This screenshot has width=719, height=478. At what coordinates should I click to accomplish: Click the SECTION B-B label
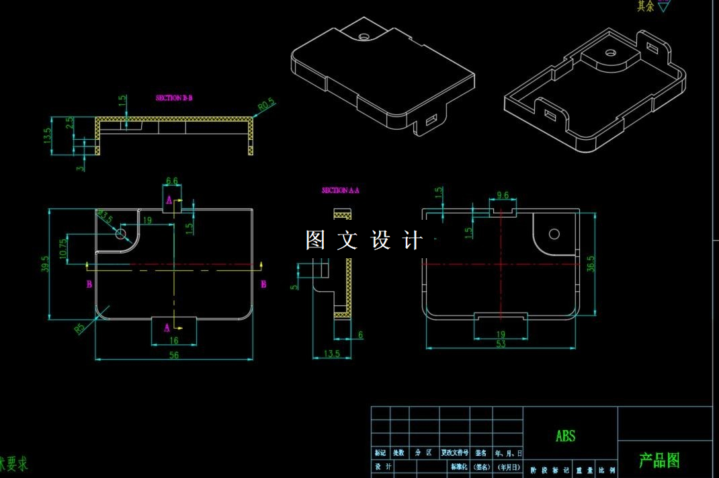coord(174,98)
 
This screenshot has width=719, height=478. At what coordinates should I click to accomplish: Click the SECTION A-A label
coord(341,191)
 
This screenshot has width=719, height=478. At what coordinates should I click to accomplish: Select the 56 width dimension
coord(174,356)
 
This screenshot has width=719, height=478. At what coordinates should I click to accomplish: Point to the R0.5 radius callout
coord(266,106)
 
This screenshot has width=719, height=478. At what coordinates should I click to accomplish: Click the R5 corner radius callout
coord(80,329)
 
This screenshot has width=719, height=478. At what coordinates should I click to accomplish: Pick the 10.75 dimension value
coord(62,249)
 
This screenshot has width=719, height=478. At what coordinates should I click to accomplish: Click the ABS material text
coord(566,436)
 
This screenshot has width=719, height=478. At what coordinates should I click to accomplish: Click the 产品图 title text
coord(659,461)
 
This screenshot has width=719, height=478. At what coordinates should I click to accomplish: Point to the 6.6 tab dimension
coord(171,181)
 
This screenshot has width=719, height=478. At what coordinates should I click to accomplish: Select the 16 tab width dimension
coord(173,341)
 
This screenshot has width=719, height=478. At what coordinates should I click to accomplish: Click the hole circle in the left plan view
coord(121,233)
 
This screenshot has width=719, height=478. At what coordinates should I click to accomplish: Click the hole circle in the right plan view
coord(554,234)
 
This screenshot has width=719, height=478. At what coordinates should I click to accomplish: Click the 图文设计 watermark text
coord(364,240)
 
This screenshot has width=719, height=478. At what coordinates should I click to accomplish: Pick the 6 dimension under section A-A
coord(360,335)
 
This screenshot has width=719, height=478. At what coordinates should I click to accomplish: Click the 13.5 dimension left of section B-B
coord(47,136)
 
